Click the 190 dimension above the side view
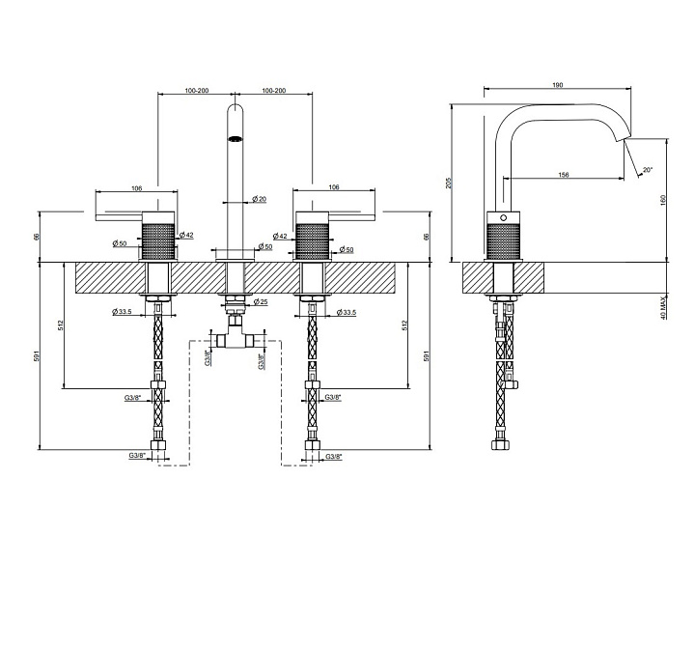558,85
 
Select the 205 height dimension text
449,183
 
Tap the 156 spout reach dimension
563,175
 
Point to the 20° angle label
648,170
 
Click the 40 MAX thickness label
663,308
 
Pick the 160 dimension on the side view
662,200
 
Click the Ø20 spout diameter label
260,199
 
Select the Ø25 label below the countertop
261,302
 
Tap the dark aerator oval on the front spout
235,139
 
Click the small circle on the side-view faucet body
503,217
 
